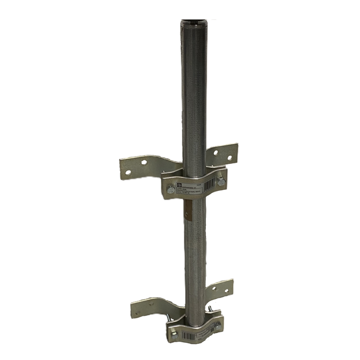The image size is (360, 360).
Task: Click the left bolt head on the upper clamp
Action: click(x=171, y=190)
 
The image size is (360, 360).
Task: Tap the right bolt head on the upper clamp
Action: click(x=221, y=182)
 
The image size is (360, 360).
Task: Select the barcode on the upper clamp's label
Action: click(x=209, y=184)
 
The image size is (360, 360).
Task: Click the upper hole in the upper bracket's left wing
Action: click(x=144, y=162)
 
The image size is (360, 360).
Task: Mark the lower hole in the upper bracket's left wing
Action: click(x=128, y=172)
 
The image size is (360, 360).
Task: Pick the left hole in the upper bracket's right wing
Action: click(x=215, y=153)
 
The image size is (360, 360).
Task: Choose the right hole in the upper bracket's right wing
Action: click(x=229, y=158)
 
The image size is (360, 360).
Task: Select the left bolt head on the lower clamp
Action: click(x=175, y=335)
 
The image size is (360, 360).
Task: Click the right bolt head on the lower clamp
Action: click(x=217, y=327)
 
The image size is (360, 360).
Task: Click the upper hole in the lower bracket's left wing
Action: click(x=151, y=304)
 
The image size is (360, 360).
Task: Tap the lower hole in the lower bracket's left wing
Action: click(x=138, y=312)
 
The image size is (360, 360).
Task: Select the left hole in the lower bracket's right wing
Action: click(x=214, y=289)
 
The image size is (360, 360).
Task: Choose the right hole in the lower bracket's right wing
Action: click(x=226, y=290)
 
